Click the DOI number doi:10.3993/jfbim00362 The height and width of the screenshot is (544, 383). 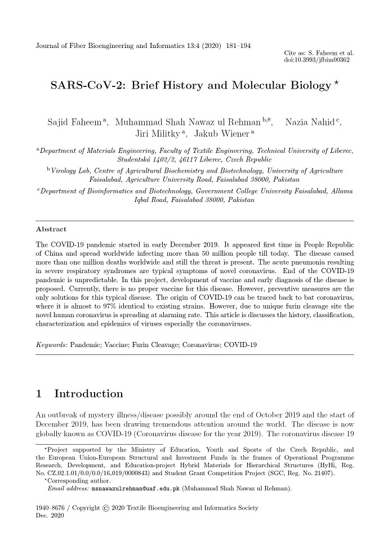point(317,59)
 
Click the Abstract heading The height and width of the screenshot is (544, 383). point(51,229)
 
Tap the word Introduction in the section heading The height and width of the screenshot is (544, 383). point(88,393)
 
